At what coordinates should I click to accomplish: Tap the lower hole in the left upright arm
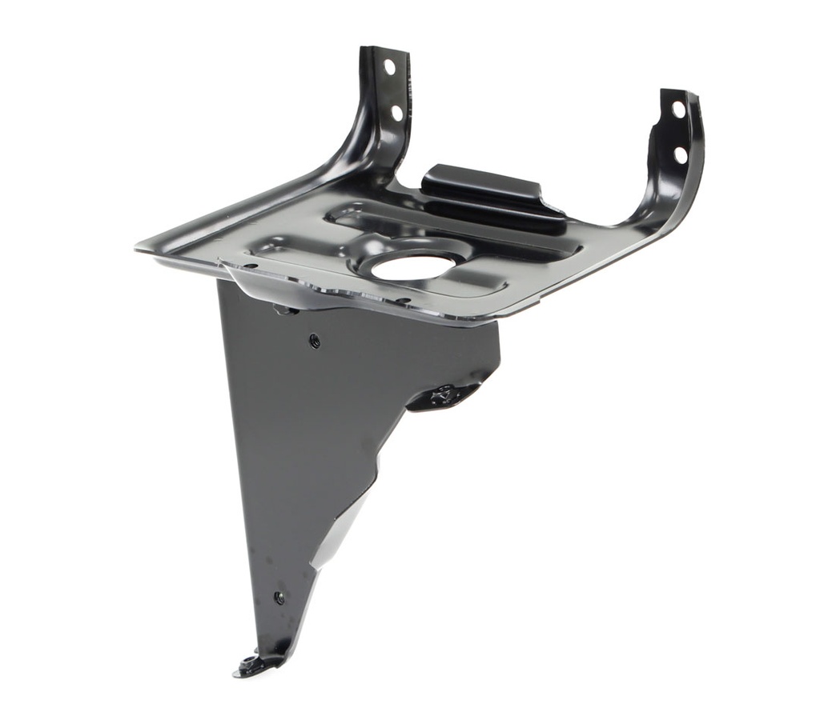396,113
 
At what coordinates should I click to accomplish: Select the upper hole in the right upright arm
677,109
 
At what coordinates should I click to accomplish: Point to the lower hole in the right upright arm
680,154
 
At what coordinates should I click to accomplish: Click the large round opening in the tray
411,265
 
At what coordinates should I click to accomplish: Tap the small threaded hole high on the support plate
314,340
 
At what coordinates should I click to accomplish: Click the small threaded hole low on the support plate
279,597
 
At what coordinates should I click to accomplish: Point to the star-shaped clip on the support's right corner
441,394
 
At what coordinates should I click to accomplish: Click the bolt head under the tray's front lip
282,308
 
